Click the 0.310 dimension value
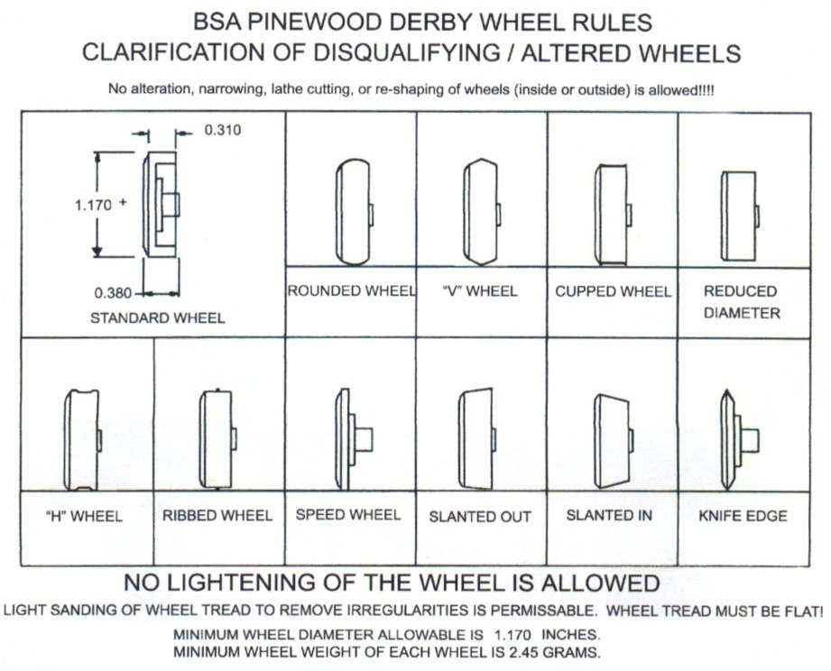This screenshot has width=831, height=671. [223, 130]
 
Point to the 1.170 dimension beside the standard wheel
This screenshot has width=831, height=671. [93, 205]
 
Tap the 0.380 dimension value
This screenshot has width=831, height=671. [113, 292]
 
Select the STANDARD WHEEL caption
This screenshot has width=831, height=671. [158, 318]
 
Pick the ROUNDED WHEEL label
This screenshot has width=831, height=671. [351, 291]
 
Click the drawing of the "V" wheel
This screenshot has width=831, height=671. [481, 213]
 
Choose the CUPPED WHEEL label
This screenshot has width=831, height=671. [613, 291]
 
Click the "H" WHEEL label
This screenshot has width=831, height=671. [83, 517]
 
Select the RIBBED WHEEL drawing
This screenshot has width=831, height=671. [217, 438]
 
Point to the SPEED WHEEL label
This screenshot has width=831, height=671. [348, 514]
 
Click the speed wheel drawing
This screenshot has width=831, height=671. [353, 439]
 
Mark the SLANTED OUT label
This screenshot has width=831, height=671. [480, 517]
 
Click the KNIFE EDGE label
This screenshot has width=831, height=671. [743, 516]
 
